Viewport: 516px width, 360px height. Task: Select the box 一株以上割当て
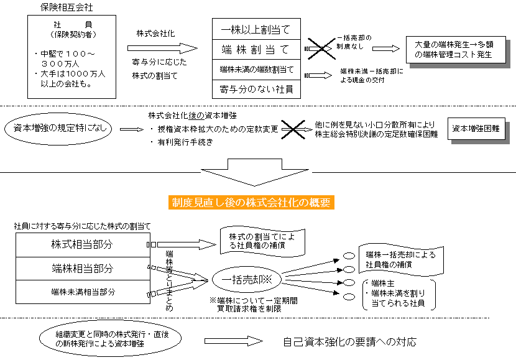tap(256, 29)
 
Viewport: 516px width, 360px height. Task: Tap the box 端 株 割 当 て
tap(256, 48)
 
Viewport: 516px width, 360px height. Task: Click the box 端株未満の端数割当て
tap(256, 69)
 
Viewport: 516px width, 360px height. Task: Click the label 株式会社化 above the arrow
tap(155, 32)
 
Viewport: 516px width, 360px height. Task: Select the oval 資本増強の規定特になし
tap(57, 129)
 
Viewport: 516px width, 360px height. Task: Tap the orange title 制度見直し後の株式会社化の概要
tap(252, 203)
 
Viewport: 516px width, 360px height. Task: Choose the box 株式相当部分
tap(81, 244)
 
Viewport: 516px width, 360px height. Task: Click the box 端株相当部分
tap(81, 269)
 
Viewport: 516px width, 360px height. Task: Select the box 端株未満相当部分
tap(81, 291)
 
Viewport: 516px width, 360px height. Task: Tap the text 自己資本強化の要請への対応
tap(349, 341)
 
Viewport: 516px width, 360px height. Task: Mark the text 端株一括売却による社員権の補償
tap(401, 260)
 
